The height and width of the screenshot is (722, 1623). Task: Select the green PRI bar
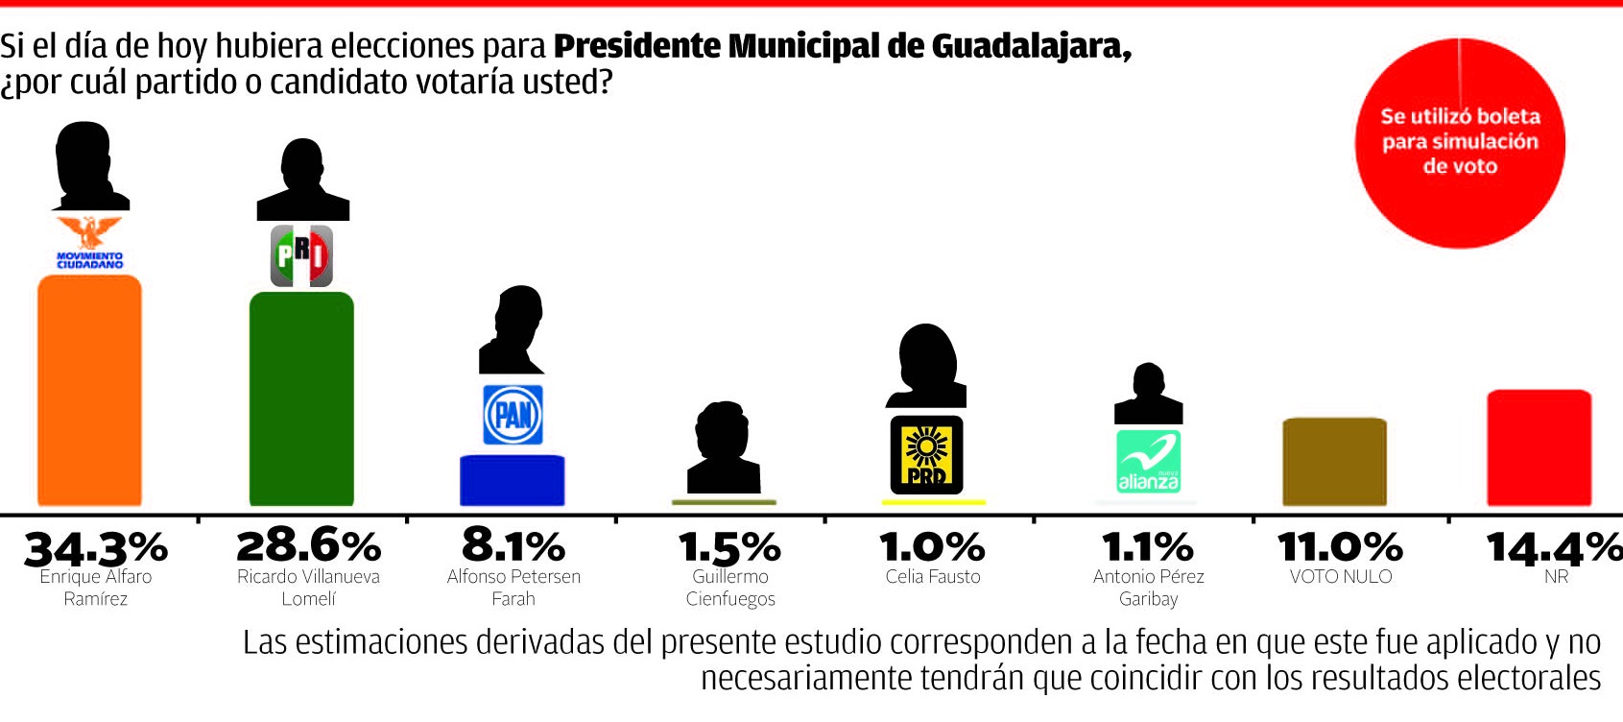click(301, 398)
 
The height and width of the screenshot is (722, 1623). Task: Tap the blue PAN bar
click(513, 480)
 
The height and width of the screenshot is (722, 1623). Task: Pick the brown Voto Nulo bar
click(1334, 462)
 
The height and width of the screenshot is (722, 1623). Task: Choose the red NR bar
click(1539, 447)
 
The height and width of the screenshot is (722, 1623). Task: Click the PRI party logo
click(301, 256)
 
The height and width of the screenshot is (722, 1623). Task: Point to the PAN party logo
click(513, 415)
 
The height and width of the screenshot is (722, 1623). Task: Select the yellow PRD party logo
click(926, 455)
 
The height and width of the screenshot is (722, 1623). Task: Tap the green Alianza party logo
click(1148, 462)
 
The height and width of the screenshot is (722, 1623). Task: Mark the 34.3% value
click(96, 548)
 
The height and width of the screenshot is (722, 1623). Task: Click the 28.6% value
click(308, 546)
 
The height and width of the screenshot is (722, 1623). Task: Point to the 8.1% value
click(513, 546)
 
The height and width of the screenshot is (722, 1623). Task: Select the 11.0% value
click(1340, 547)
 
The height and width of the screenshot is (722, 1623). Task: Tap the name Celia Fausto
click(933, 577)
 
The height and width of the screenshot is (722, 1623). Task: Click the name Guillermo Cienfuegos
click(730, 588)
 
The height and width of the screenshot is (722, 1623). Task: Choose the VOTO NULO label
click(1340, 577)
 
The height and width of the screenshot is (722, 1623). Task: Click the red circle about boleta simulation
click(1460, 143)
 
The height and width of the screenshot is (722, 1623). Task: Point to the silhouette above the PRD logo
click(926, 366)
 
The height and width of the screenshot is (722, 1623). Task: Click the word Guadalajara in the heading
click(1031, 46)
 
